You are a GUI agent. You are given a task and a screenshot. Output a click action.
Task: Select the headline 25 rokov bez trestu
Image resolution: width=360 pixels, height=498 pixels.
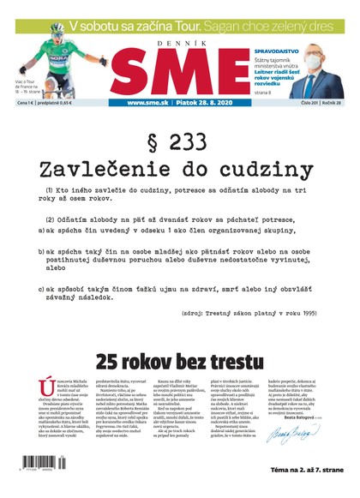click(180, 361)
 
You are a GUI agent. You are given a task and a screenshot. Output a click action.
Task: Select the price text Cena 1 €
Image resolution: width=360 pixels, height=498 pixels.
click(27, 103)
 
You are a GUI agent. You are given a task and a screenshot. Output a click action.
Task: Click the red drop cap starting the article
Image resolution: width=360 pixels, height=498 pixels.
click(48, 387)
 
